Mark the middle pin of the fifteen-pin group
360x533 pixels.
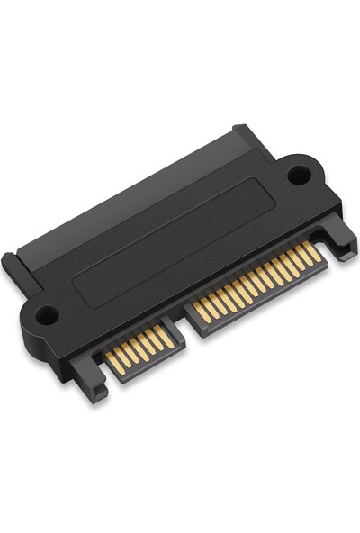tap(258, 282)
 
